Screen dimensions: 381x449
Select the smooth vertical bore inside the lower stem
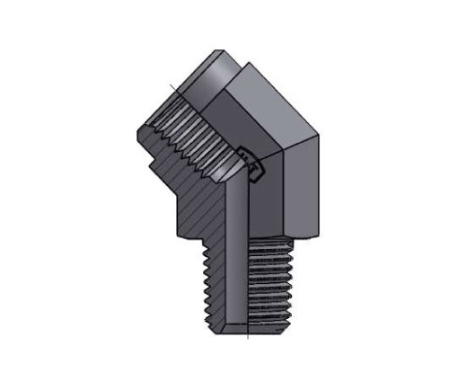click(x=235, y=270)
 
